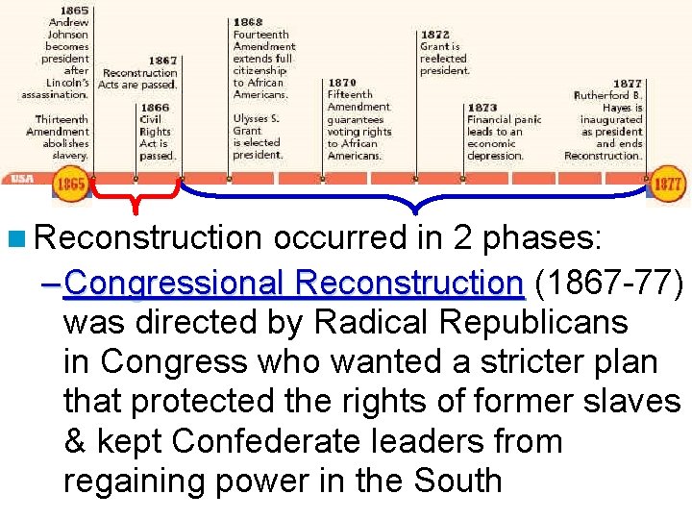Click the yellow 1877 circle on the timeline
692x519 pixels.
click(x=668, y=183)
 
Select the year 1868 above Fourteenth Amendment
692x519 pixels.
click(x=248, y=21)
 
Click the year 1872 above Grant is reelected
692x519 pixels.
click(x=435, y=34)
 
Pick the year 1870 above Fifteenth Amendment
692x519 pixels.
click(x=342, y=83)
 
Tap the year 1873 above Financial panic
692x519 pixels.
click(x=482, y=108)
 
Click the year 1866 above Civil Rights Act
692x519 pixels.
click(x=155, y=108)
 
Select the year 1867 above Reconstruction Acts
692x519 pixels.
click(x=162, y=60)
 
